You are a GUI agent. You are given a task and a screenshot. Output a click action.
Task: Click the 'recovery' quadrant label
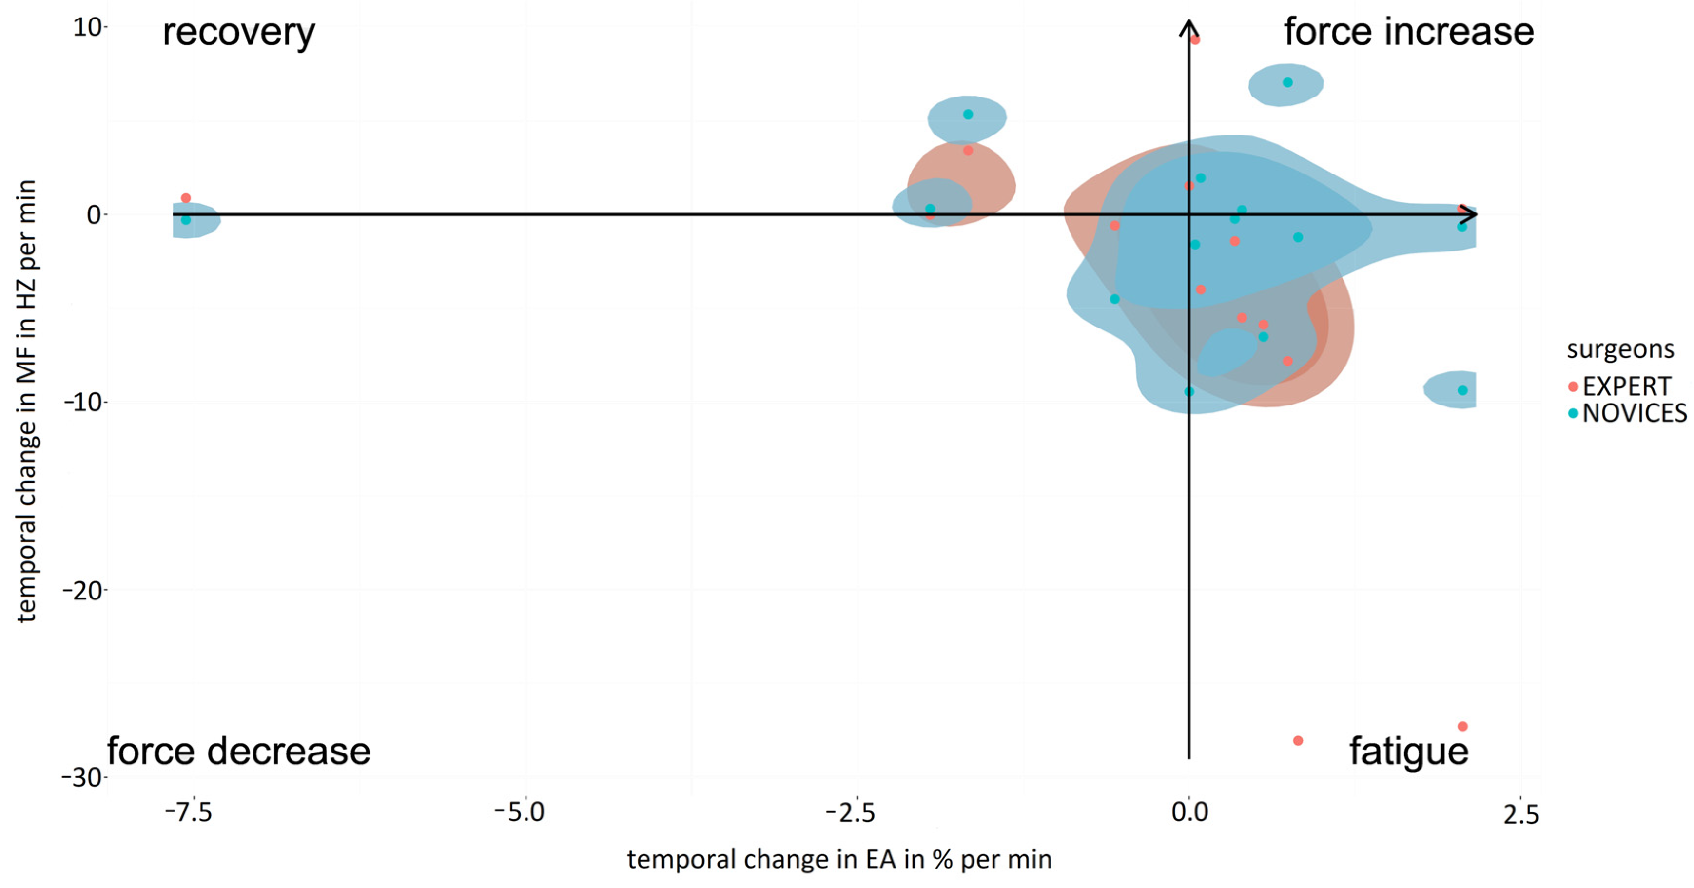tap(239, 33)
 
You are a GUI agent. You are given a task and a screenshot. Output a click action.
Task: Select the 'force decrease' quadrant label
tap(239, 751)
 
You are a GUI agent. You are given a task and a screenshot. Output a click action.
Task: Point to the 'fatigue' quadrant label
tap(1409, 751)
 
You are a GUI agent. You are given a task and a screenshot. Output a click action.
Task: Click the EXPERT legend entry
tap(1626, 386)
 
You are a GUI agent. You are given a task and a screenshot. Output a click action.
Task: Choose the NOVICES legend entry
tap(1634, 413)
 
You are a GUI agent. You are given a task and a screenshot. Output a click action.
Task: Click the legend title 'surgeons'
tap(1620, 349)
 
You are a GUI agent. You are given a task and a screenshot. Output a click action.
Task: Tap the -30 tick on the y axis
tap(83, 777)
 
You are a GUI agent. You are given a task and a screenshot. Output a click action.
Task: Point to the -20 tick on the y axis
tap(83, 590)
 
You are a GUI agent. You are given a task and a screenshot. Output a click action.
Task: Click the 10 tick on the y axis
tap(87, 28)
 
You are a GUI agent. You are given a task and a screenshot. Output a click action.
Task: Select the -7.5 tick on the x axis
tap(189, 812)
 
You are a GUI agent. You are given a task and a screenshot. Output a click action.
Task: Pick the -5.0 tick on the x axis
tap(520, 812)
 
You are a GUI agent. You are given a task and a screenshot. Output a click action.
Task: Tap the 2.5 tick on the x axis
tap(1520, 814)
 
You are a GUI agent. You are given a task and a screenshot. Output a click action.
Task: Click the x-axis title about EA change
tap(839, 860)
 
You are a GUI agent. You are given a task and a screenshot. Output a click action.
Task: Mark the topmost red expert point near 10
tap(1195, 40)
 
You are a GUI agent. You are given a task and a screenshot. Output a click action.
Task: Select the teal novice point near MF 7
tap(1287, 82)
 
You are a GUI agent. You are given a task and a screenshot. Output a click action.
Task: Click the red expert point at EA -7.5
tap(186, 198)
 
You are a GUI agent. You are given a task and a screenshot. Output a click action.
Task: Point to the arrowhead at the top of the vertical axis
tap(1189, 28)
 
